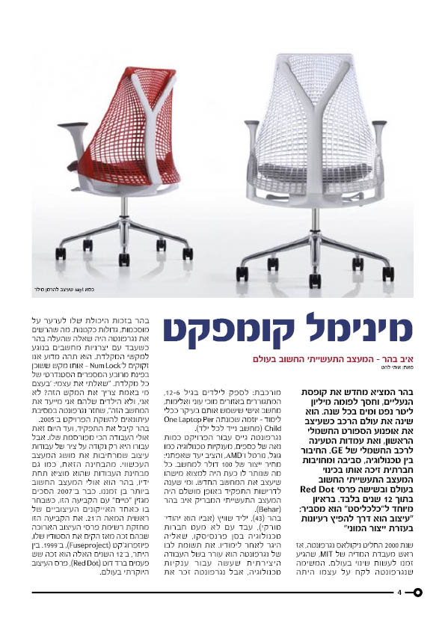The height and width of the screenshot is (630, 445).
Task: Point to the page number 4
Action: pyautogui.click(x=399, y=593)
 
